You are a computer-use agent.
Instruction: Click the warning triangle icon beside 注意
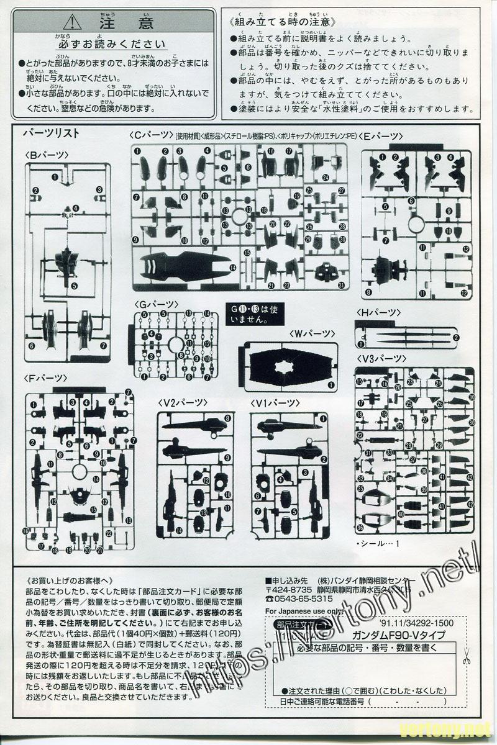(74, 22)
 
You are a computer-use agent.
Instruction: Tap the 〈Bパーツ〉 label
(47, 155)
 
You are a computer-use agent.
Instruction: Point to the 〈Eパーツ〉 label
(382, 136)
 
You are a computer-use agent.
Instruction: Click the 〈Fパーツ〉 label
(47, 377)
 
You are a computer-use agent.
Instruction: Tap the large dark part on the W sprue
(286, 365)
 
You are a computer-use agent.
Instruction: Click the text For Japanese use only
(302, 611)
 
